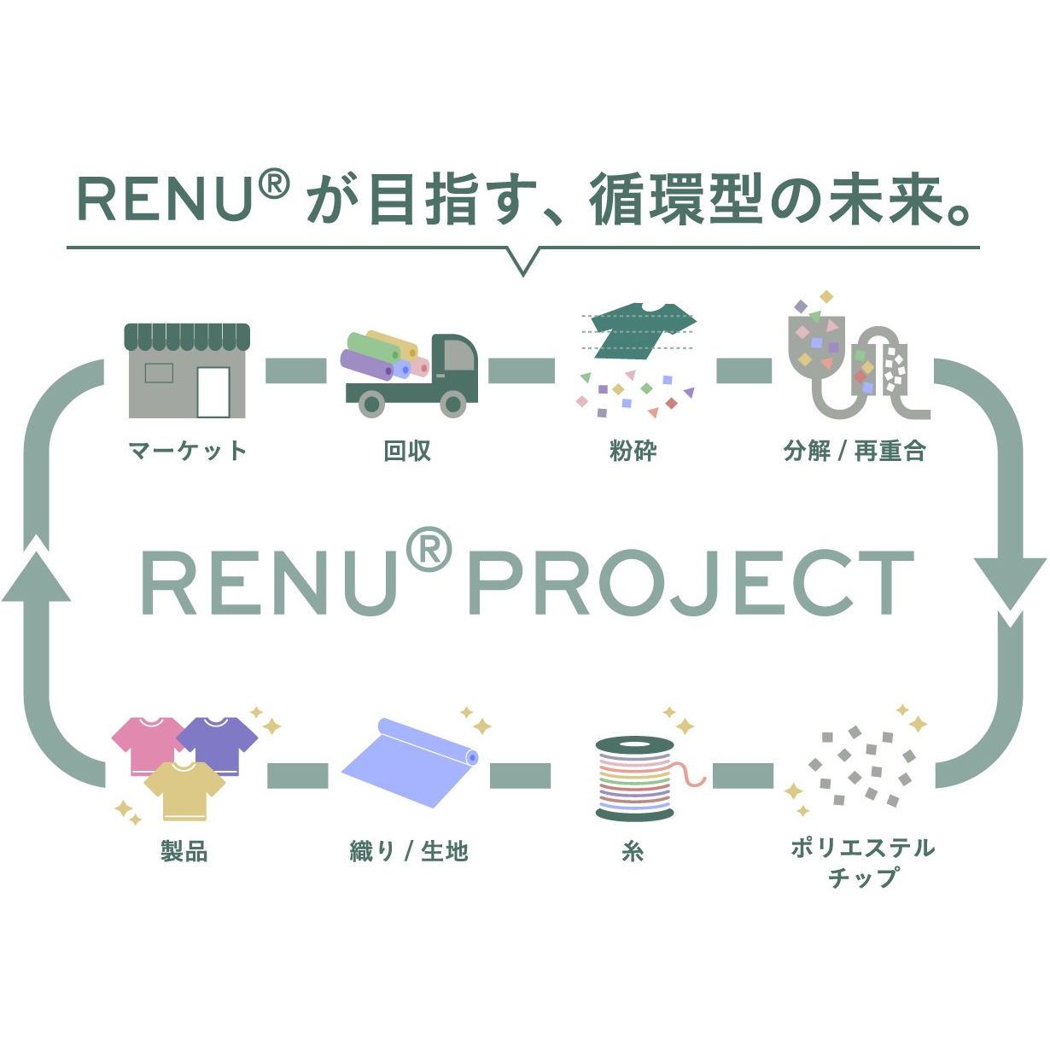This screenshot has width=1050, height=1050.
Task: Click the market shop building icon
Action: point(187,370)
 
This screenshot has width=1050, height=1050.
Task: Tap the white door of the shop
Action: point(213,392)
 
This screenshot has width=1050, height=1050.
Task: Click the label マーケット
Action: point(188,451)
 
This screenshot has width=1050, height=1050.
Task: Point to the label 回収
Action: point(407,451)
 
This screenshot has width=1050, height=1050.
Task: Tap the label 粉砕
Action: point(633,451)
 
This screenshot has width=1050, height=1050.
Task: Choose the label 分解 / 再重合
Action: point(855,451)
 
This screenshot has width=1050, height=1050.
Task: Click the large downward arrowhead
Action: point(1010,584)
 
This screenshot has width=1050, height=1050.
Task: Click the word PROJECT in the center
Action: point(691,582)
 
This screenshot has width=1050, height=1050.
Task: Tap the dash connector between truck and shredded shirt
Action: point(521,370)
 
